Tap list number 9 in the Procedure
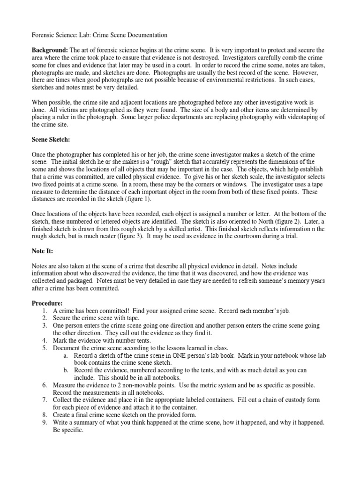pos(44,423)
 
